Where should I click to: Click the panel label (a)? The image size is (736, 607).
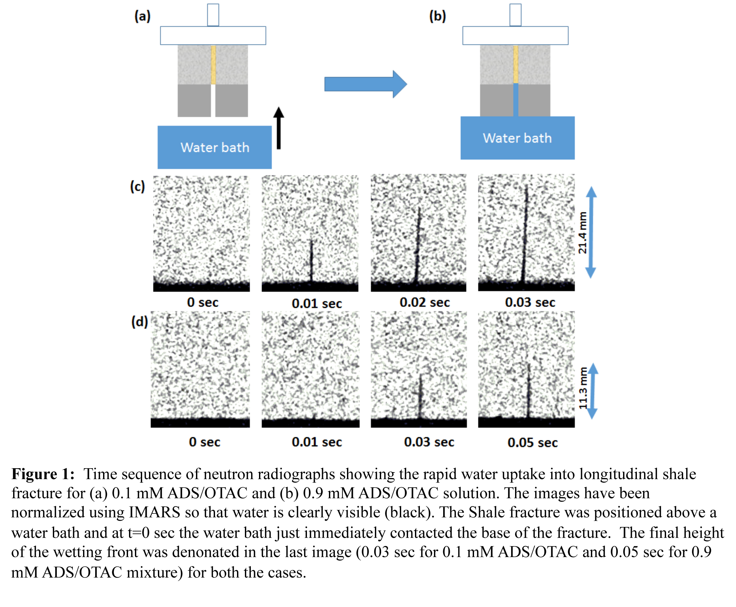(142, 16)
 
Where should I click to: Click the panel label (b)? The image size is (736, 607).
(437, 16)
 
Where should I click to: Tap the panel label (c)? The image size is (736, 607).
(137, 186)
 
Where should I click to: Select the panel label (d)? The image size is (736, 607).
(139, 321)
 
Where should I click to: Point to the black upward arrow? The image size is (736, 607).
(278, 128)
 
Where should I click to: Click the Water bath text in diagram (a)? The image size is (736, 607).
(215, 148)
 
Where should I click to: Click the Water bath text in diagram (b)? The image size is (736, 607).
(517, 138)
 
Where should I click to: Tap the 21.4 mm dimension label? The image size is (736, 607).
(582, 233)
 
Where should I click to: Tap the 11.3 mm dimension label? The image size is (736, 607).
(583, 388)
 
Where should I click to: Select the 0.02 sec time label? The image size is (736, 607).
(424, 303)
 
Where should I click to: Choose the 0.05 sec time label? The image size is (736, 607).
(532, 443)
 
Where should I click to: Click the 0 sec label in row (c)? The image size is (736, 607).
(203, 303)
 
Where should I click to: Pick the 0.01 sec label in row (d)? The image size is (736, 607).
(316, 442)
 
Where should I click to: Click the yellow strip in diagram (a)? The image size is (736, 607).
(213, 65)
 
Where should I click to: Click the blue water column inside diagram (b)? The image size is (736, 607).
(516, 100)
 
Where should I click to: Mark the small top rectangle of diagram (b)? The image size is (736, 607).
(515, 15)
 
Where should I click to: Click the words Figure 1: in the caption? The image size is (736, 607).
(43, 474)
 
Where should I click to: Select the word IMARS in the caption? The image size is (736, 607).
(154, 512)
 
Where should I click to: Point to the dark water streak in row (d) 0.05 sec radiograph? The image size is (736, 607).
(529, 392)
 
